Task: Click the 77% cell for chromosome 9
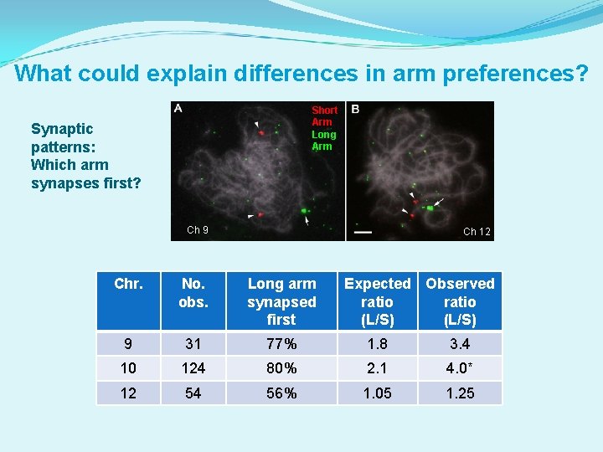[281, 344]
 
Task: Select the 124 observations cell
[193, 368]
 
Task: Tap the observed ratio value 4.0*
[460, 368]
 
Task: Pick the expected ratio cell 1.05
[377, 393]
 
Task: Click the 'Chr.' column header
[128, 284]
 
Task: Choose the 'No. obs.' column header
[193, 292]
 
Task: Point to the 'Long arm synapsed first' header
[281, 301]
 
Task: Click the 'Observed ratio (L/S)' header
[460, 301]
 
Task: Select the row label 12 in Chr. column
[128, 393]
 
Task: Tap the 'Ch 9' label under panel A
[198, 230]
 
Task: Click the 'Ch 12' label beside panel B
[477, 232]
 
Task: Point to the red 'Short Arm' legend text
[324, 116]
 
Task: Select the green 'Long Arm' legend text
[323, 140]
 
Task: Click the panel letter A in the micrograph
[178, 109]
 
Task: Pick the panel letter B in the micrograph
[355, 110]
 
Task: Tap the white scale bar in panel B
[363, 231]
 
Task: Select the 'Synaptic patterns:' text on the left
[62, 137]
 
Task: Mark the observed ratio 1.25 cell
[460, 393]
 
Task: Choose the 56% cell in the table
[281, 393]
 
